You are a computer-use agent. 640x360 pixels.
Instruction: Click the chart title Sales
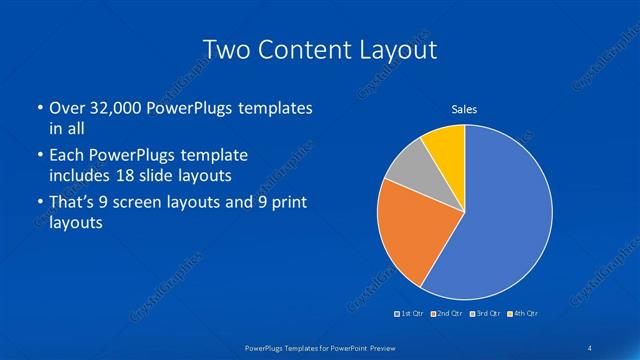pos(464,108)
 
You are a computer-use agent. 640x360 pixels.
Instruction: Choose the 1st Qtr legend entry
pos(411,314)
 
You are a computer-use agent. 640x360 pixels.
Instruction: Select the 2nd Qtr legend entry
pos(447,314)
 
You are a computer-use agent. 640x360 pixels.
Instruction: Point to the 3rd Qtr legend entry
pos(485,314)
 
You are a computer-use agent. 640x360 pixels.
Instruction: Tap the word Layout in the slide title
pos(395,49)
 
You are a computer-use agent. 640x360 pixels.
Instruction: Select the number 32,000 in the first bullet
pos(117,107)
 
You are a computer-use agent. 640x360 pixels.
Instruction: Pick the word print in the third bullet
pos(284,203)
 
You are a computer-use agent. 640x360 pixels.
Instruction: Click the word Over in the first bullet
pos(66,107)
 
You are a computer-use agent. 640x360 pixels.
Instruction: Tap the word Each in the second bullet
pos(67,155)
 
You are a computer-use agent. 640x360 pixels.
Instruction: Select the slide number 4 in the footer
pos(590,346)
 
